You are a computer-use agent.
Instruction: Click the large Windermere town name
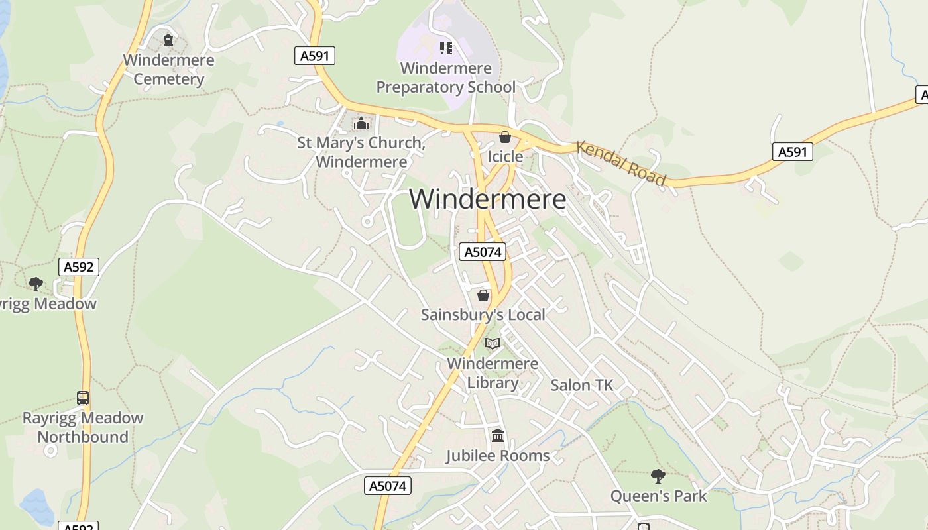pos(488,199)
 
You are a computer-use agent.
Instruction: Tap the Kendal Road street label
pos(620,163)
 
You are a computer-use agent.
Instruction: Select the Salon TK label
pos(582,385)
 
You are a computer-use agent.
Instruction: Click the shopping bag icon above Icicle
pos(505,138)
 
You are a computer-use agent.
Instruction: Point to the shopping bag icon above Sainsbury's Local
pos(483,295)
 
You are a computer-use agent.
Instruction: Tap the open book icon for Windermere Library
pos(493,343)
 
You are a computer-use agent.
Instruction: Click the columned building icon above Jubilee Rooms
pos(498,436)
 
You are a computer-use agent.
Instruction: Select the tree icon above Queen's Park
pos(658,476)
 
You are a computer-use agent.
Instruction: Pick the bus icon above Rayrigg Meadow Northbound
pos(83,398)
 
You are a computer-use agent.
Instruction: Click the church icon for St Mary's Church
pos(361,123)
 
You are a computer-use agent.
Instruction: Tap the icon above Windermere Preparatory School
pos(446,48)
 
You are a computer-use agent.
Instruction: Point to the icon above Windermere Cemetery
pos(168,40)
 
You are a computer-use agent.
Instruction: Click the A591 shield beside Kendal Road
pos(792,152)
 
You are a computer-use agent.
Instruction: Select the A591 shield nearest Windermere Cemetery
pos(314,56)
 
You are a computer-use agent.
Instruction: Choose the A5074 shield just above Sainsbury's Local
pos(482,252)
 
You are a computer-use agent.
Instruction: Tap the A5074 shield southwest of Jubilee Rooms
pos(388,486)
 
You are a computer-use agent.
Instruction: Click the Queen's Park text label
pos(658,496)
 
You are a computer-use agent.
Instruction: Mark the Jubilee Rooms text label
pos(497,456)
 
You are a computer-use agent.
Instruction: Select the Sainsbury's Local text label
pos(483,315)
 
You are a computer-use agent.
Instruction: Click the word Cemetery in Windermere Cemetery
pos(169,79)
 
